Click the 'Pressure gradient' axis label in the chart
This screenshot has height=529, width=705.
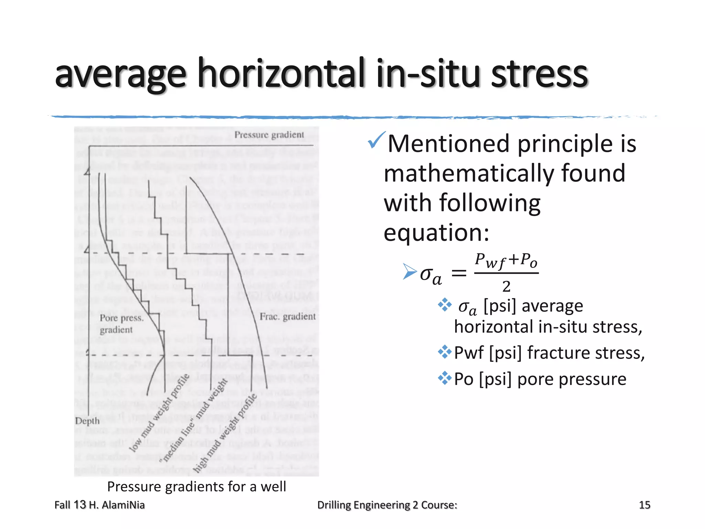tap(269, 135)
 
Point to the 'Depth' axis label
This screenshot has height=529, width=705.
tap(87, 421)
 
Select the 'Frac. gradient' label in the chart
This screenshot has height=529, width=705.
tap(287, 317)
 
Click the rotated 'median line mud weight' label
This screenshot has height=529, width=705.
tap(194, 420)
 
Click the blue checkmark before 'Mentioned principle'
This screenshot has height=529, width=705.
tap(376, 140)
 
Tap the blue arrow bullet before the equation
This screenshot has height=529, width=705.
tap(410, 272)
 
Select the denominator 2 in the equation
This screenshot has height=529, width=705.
tap(506, 287)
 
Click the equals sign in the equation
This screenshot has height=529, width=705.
tap(459, 273)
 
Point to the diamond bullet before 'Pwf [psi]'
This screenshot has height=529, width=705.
tap(444, 352)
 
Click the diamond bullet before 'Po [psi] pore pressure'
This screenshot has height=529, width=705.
tap(444, 378)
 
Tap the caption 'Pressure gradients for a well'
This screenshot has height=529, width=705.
tap(197, 487)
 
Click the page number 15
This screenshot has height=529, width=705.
tap(644, 505)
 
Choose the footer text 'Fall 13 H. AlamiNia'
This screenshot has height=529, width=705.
tap(99, 505)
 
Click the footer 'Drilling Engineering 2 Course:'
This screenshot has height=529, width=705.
tap(387, 505)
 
